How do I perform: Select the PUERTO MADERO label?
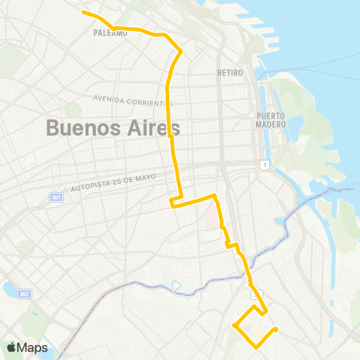click(271, 120)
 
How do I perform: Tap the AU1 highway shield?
click(56, 197)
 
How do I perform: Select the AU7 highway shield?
click(25, 292)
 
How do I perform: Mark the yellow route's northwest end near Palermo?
click(83, 12)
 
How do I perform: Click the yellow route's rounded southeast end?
click(276, 328)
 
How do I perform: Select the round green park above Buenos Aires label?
click(73, 110)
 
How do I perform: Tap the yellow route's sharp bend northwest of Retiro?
click(181, 51)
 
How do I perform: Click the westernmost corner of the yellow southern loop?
click(235, 325)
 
